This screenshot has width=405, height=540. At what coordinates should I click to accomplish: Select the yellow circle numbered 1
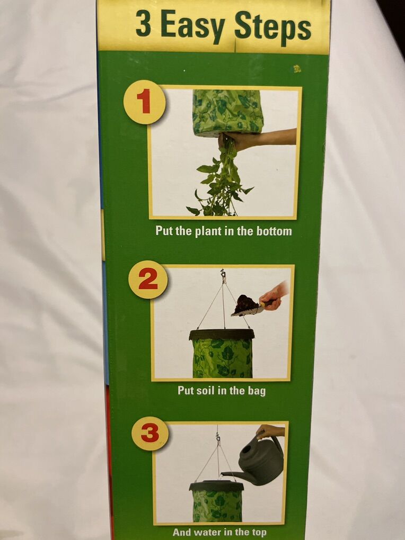145,102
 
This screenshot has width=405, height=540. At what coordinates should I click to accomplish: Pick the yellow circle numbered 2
148,280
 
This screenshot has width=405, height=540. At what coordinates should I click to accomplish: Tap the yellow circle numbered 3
150,433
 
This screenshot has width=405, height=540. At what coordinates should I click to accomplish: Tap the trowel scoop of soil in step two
247,305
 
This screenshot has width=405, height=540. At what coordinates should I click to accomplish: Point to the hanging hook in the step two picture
223,274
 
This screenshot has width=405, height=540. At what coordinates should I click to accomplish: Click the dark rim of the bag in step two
222,335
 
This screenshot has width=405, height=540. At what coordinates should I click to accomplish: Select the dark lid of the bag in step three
217,485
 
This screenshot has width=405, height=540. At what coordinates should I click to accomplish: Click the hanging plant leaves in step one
221,183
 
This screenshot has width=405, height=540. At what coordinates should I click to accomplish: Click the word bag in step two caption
257,391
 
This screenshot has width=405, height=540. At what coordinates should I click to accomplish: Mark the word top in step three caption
258,533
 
